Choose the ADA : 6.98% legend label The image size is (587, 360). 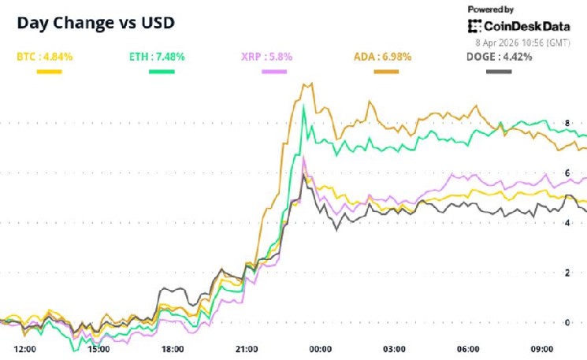pos(382,57)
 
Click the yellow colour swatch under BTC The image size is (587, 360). pos(49,72)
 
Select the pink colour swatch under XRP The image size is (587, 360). pos(273,72)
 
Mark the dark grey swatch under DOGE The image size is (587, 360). pos(499,72)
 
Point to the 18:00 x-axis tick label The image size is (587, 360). pos(172,349)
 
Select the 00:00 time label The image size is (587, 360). pos(320,349)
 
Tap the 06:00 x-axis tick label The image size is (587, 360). pos(468,349)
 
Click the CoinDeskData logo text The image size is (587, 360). pos(516,27)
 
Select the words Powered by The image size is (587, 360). pos(491,9)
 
